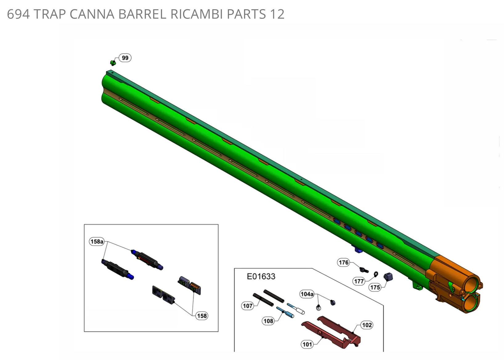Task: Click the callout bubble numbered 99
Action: point(125,58)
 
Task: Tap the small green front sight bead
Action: point(113,63)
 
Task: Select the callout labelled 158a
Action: point(97,242)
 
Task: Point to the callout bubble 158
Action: point(201,316)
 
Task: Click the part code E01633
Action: point(261,276)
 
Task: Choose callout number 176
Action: point(343,262)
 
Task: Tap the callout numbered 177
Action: point(359,281)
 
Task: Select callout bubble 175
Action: point(375,287)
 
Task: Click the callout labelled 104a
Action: point(307,294)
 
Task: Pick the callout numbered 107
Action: point(247,306)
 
